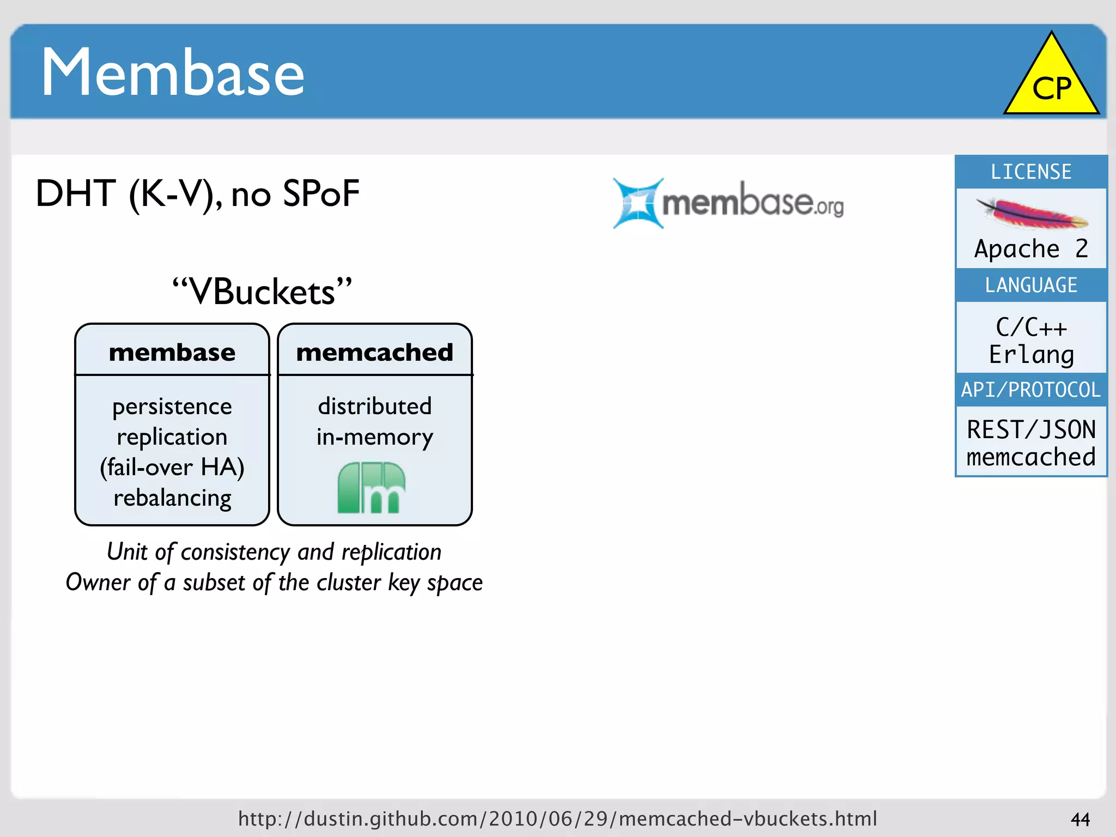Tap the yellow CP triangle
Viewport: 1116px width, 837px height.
click(1051, 82)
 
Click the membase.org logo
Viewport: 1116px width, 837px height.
click(728, 203)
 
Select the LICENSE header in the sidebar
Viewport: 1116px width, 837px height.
click(1030, 172)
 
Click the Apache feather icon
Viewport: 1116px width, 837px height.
click(1032, 214)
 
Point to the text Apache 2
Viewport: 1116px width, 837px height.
click(1030, 249)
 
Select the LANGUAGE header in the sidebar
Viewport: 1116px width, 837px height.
click(1030, 285)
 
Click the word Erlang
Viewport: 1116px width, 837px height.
click(1031, 355)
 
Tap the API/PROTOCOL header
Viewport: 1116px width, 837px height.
click(1030, 390)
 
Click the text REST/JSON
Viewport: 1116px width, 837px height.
click(1031, 429)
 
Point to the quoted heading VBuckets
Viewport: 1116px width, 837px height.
click(262, 292)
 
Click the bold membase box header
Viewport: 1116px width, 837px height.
click(172, 352)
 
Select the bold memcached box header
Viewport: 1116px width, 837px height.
click(374, 352)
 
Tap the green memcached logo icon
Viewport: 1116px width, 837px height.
click(371, 488)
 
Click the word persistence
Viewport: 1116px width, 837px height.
click(172, 407)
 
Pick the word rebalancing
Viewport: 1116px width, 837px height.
click(172, 498)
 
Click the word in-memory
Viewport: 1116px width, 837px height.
click(374, 437)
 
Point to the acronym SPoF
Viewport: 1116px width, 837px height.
click(321, 193)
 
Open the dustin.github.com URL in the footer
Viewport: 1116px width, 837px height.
click(557, 818)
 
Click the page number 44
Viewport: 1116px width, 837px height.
click(1080, 819)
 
